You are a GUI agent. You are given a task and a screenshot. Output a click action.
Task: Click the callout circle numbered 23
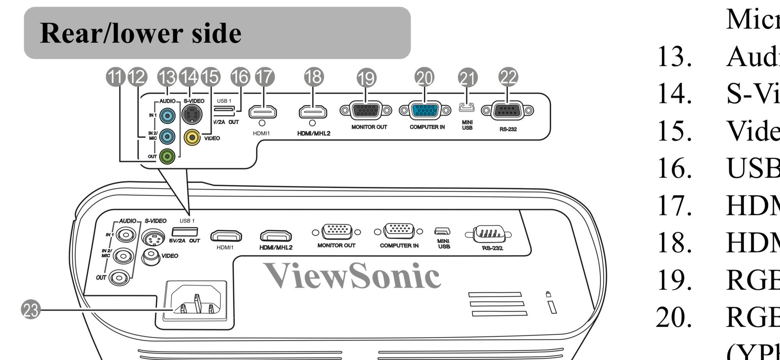[x=30, y=310]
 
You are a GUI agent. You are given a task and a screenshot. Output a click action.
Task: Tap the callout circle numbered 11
[x=115, y=77]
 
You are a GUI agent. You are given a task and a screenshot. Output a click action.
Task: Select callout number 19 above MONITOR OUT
[x=366, y=78]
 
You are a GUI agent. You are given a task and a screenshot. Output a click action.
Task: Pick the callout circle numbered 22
[x=508, y=77]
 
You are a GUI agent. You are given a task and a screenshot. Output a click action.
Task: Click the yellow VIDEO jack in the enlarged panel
[x=192, y=137]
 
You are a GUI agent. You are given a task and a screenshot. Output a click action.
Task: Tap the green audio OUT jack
[x=167, y=156]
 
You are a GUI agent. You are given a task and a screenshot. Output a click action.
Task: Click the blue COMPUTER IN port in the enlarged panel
[x=425, y=110]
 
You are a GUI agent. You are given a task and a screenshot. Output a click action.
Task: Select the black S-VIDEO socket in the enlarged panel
[x=191, y=114]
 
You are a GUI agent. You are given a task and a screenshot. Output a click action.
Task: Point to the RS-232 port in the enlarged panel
[x=507, y=111]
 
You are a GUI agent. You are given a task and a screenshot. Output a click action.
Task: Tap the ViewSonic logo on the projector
[x=352, y=276]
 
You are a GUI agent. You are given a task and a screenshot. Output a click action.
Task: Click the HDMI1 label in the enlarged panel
[x=261, y=133]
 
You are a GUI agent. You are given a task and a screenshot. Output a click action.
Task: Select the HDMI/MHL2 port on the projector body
[x=276, y=236]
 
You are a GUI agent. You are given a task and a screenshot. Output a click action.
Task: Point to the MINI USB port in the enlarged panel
[x=467, y=107]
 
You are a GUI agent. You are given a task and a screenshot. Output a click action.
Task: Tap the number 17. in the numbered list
[x=675, y=205]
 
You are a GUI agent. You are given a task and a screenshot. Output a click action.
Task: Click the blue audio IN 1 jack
[x=167, y=115]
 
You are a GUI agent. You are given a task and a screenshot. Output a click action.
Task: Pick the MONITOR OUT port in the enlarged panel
[x=365, y=110]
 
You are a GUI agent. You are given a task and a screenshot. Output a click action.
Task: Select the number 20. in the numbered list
[x=675, y=317]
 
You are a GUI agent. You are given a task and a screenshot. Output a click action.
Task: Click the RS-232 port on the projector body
[x=489, y=234]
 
